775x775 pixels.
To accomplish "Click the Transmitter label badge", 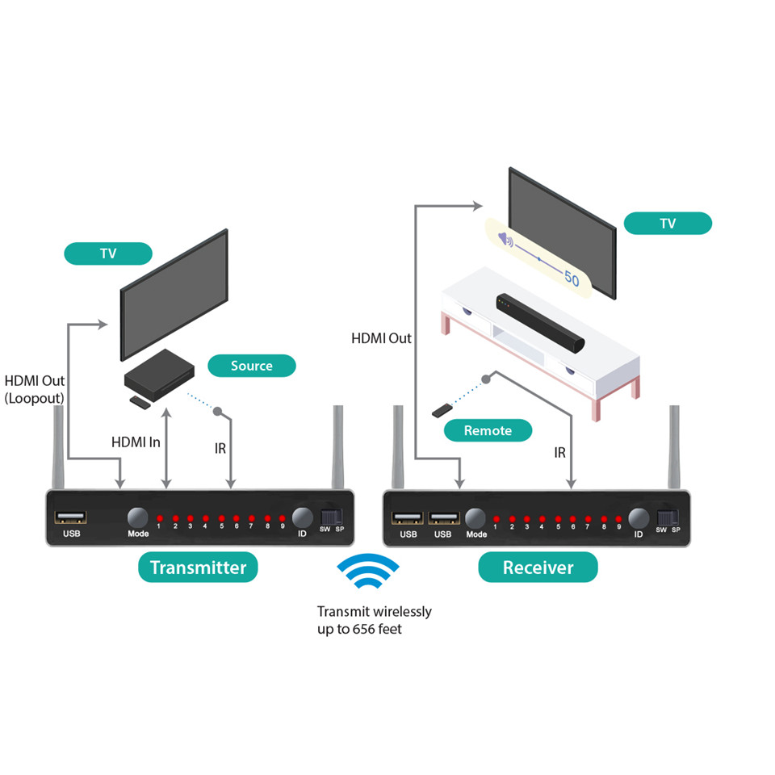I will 198,567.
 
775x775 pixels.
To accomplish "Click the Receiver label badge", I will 538,567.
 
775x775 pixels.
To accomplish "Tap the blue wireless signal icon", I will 367,575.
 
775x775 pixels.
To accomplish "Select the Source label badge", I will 251,366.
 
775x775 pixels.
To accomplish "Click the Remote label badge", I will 488,430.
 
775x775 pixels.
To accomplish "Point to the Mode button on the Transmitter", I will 138,517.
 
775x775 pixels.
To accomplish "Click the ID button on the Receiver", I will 639,518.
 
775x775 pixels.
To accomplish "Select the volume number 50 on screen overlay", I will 572,279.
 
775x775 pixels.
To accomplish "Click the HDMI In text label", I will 136,442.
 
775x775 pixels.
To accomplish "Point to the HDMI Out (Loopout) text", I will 34,389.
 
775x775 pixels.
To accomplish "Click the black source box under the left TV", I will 160,375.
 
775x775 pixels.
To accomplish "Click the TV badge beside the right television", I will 668,224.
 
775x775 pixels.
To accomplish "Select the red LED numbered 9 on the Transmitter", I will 282,517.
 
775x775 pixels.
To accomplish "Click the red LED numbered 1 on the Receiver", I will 496,518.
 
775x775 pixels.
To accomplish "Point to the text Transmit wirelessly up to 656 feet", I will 374,620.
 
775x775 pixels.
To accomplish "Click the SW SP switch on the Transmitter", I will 332,517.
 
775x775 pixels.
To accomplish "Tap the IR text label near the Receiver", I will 559,454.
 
